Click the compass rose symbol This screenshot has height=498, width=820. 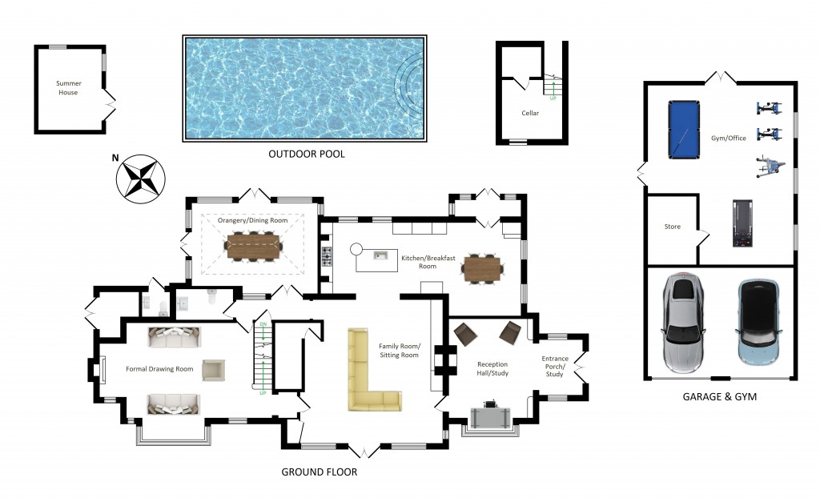pyautogui.click(x=140, y=179)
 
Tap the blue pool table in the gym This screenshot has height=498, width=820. pyautogui.click(x=684, y=129)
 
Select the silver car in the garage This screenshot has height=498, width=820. pyautogui.click(x=683, y=323)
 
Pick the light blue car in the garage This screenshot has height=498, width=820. pyautogui.click(x=758, y=323)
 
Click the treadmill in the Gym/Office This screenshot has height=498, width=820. pyautogui.click(x=742, y=223)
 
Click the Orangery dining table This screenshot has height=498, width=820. pyautogui.click(x=254, y=246)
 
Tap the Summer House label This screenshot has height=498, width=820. pyautogui.click(x=69, y=88)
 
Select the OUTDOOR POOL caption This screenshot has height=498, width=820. pyautogui.click(x=307, y=154)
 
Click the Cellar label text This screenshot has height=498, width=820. pyautogui.click(x=530, y=113)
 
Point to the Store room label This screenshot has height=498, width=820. pyautogui.click(x=673, y=227)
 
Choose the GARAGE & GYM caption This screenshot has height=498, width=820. pyautogui.click(x=720, y=396)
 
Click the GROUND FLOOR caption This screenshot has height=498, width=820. pyautogui.click(x=319, y=472)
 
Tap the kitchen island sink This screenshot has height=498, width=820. pyautogui.click(x=380, y=255)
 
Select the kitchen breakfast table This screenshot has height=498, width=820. pyautogui.click(x=482, y=269)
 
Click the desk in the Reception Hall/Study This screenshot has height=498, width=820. pyautogui.click(x=490, y=418)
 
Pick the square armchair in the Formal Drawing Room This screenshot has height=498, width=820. pyautogui.click(x=213, y=370)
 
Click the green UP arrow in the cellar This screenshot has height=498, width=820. pyautogui.click(x=553, y=89)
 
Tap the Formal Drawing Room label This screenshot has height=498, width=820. pyautogui.click(x=159, y=369)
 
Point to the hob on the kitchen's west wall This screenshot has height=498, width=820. pyautogui.click(x=327, y=256)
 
